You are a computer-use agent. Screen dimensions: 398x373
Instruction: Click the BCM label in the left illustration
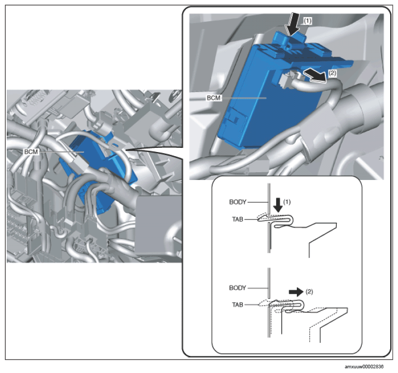click(x=31, y=151)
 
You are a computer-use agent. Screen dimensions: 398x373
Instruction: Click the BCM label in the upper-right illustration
click(x=214, y=98)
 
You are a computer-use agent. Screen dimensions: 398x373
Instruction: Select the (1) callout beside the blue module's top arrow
click(x=308, y=21)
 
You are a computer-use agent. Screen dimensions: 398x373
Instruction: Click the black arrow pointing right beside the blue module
click(x=315, y=75)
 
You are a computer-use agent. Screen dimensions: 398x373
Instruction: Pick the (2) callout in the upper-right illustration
click(x=332, y=73)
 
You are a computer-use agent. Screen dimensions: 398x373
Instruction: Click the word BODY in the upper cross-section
click(x=238, y=202)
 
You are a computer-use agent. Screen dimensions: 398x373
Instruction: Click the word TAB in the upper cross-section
click(x=238, y=219)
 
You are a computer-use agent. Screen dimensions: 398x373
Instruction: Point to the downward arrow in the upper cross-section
click(x=279, y=205)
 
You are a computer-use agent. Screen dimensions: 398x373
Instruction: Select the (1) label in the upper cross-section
click(x=287, y=202)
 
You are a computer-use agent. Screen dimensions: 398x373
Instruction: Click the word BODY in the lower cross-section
click(x=238, y=288)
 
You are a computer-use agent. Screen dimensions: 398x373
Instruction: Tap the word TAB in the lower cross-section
click(x=238, y=305)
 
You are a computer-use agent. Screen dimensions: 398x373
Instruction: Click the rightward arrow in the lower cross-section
click(x=296, y=292)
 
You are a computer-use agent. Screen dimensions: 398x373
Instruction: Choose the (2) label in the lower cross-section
click(x=309, y=292)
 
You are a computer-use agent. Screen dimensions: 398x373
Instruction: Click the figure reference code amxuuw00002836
click(x=364, y=367)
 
